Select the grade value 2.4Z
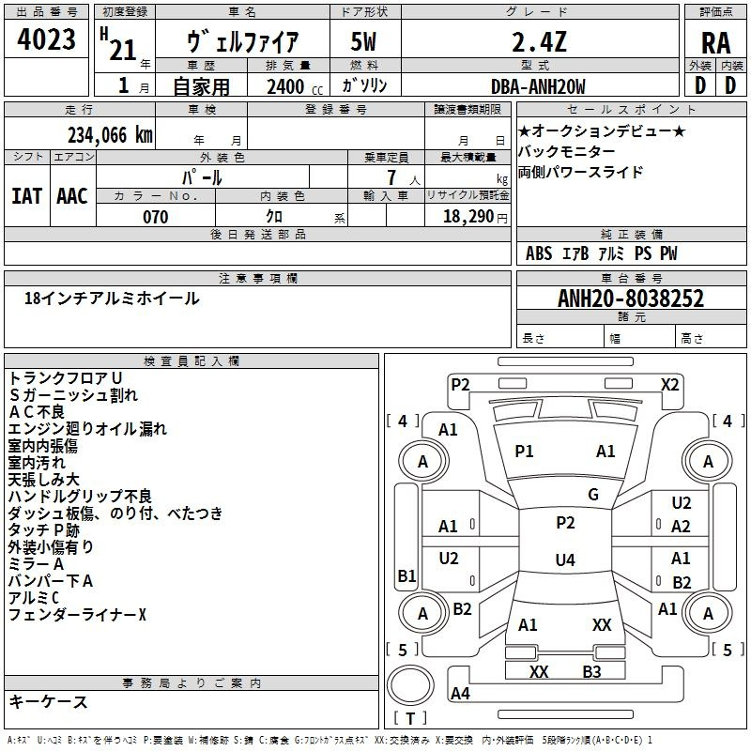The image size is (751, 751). coord(539,43)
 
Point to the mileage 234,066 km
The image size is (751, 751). coord(110,134)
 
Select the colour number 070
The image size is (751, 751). coord(155,217)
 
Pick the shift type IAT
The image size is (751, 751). coord(26,195)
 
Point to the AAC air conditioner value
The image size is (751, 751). coord(72,195)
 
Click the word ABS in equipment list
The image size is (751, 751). coord(539,253)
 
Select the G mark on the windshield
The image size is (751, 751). coord(593,495)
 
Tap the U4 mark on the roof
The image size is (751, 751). coord(564,560)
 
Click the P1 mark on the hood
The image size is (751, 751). coord(524,452)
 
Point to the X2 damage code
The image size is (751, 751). coord(670,384)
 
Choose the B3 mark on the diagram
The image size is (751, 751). coord(591,671)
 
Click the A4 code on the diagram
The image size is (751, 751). coord(460,694)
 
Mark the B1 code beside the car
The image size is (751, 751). coord(406,575)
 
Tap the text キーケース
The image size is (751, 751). coord(49,701)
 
